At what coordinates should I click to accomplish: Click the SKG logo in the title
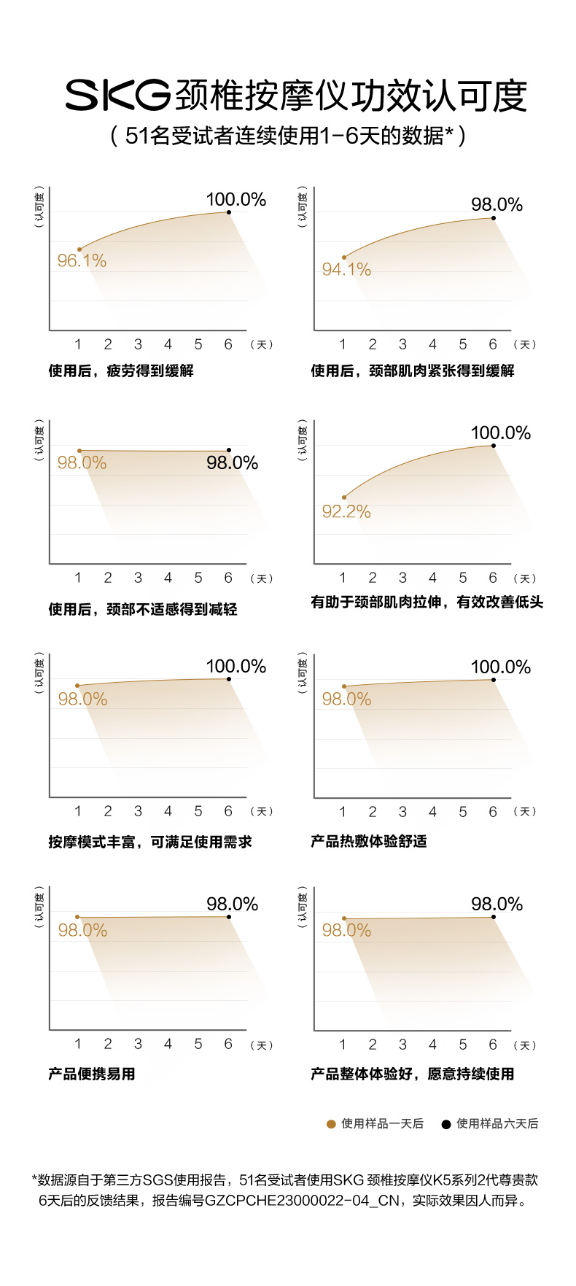(117, 96)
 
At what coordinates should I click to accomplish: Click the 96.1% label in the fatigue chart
(82, 260)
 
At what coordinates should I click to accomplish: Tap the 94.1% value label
(346, 269)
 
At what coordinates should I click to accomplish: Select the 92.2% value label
(346, 511)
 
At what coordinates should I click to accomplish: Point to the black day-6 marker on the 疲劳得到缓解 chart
(229, 212)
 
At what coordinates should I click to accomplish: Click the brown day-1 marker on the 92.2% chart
(344, 497)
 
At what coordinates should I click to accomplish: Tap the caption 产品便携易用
(92, 1074)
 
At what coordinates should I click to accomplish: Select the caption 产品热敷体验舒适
(369, 841)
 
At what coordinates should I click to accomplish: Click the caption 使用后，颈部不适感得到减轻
(143, 609)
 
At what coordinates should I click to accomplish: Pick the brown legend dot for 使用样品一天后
(331, 1124)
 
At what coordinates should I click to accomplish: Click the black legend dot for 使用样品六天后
(446, 1124)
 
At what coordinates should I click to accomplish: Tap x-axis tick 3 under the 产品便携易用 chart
(138, 1044)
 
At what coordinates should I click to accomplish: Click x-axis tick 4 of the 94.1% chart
(432, 344)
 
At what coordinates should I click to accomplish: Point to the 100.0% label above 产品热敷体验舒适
(500, 667)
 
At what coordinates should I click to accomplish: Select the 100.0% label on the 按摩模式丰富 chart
(236, 666)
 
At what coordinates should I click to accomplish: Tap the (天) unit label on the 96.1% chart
(261, 344)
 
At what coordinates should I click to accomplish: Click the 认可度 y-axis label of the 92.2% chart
(303, 440)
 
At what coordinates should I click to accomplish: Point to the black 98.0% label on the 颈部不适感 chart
(232, 462)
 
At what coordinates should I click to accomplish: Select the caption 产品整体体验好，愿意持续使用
(413, 1074)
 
